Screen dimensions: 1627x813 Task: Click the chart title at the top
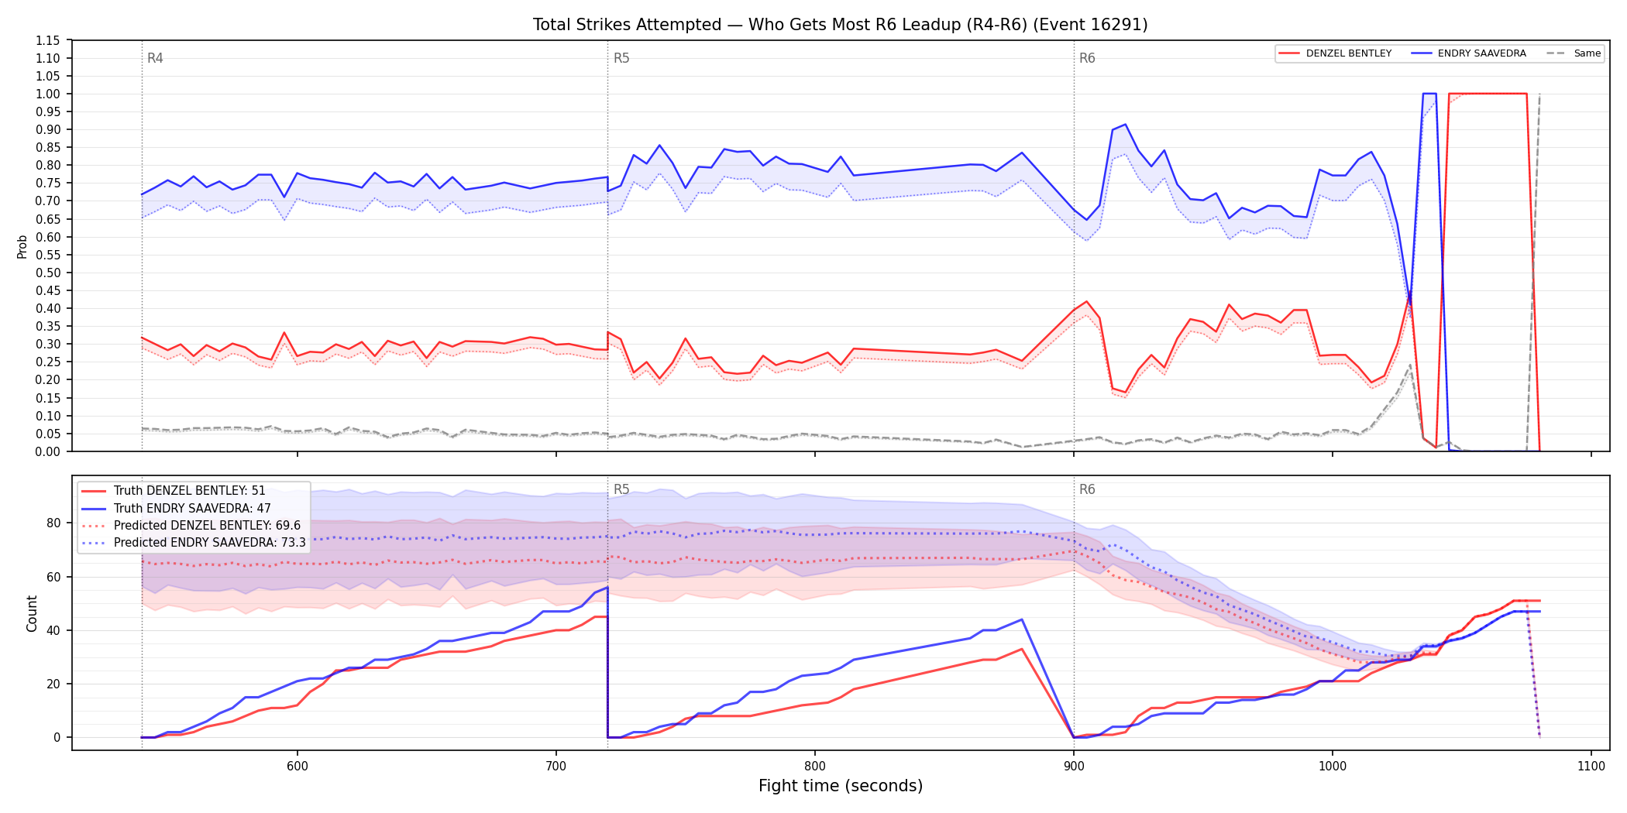(840, 25)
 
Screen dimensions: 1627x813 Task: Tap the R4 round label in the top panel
(155, 58)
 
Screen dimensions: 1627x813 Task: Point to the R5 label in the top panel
(621, 58)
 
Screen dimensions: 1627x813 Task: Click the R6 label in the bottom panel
(1087, 489)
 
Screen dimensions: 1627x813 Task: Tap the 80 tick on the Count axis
(53, 523)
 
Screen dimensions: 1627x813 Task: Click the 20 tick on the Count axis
(53, 684)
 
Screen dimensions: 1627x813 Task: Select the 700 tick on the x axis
(556, 766)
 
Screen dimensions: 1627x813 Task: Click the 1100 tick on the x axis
(1591, 766)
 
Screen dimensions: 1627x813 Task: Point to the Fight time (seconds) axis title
(841, 786)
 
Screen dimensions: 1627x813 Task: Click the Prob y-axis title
(22, 246)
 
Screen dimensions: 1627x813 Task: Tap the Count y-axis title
(32, 613)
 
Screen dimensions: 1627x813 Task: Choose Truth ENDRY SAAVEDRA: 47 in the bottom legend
(192, 508)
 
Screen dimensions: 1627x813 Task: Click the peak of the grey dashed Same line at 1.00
(1539, 94)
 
